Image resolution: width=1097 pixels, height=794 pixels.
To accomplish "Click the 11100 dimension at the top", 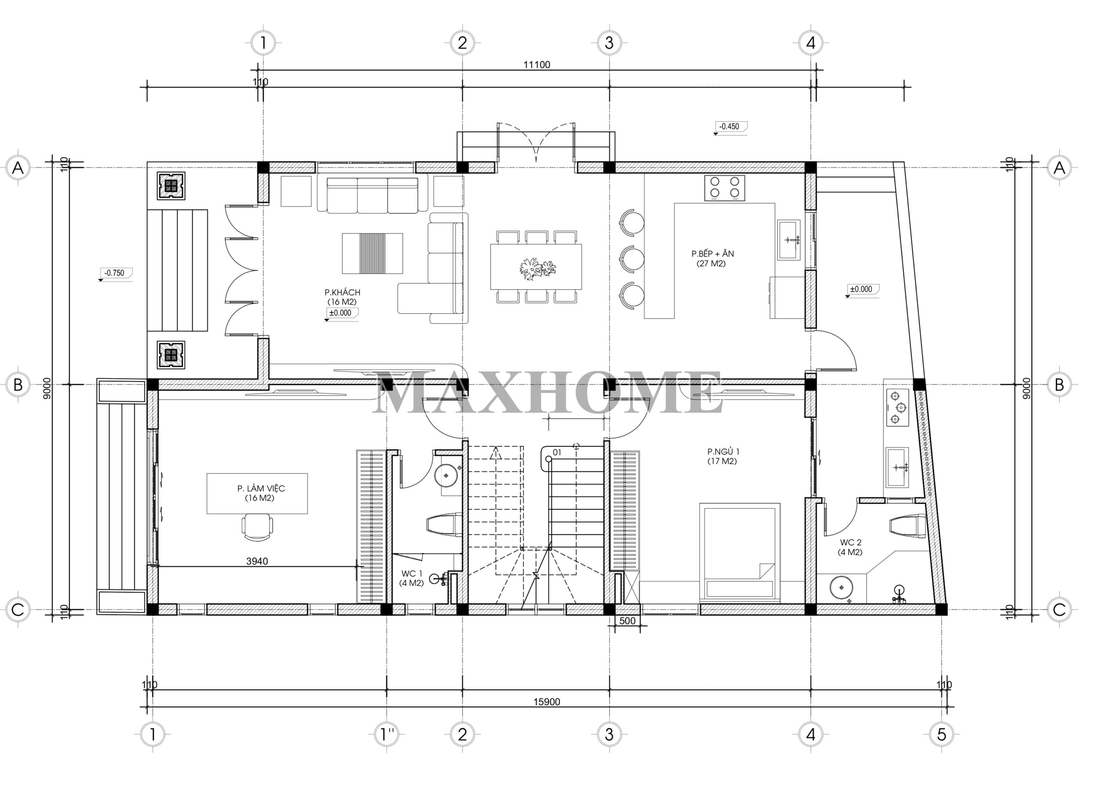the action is (537, 65).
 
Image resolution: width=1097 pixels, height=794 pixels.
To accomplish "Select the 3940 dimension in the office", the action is (257, 561).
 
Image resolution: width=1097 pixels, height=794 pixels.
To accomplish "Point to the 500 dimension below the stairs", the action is (627, 621).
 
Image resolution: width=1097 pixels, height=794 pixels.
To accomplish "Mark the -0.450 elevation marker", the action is (730, 127).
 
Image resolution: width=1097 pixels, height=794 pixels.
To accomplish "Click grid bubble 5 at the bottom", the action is (941, 735).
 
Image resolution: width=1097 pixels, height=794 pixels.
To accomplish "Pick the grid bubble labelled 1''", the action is (387, 735).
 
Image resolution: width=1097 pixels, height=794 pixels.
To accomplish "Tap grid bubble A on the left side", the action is (18, 168).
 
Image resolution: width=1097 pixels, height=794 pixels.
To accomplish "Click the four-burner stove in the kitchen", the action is (725, 188).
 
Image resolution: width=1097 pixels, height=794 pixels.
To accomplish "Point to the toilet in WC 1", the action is (444, 524).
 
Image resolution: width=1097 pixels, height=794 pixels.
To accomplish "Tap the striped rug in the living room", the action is (372, 253).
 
